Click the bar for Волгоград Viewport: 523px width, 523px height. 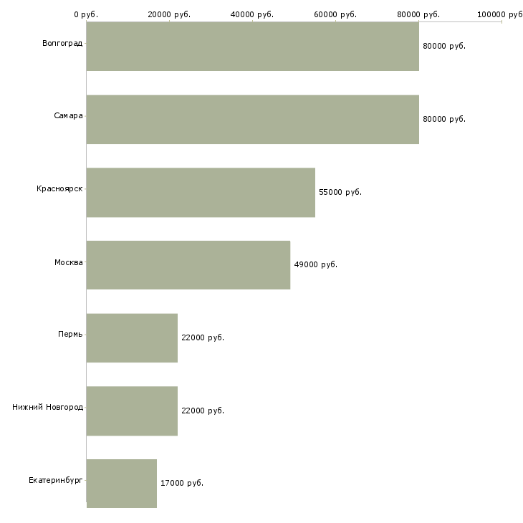(252, 46)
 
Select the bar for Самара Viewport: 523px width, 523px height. (252, 119)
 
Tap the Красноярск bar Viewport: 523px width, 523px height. (201, 192)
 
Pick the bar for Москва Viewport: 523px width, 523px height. (188, 264)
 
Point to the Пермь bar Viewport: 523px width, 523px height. (132, 337)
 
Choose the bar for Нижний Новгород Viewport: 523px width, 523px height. (132, 411)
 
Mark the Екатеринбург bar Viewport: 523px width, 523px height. (122, 484)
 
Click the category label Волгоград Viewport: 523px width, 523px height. (62, 44)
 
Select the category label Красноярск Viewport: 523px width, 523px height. (59, 189)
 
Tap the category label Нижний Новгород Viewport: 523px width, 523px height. (47, 408)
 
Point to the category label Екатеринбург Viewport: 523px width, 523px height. (56, 481)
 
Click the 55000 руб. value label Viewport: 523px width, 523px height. (340, 192)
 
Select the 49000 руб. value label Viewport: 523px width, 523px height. (315, 264)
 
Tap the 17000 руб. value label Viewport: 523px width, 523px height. (182, 484)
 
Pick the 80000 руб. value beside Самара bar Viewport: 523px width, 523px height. (444, 119)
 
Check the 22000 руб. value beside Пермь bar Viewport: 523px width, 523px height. (203, 337)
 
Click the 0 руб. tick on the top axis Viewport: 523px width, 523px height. (86, 14)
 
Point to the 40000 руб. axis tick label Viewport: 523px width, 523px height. (252, 14)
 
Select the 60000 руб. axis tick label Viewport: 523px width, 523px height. (335, 14)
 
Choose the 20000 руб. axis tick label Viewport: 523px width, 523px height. (169, 14)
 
